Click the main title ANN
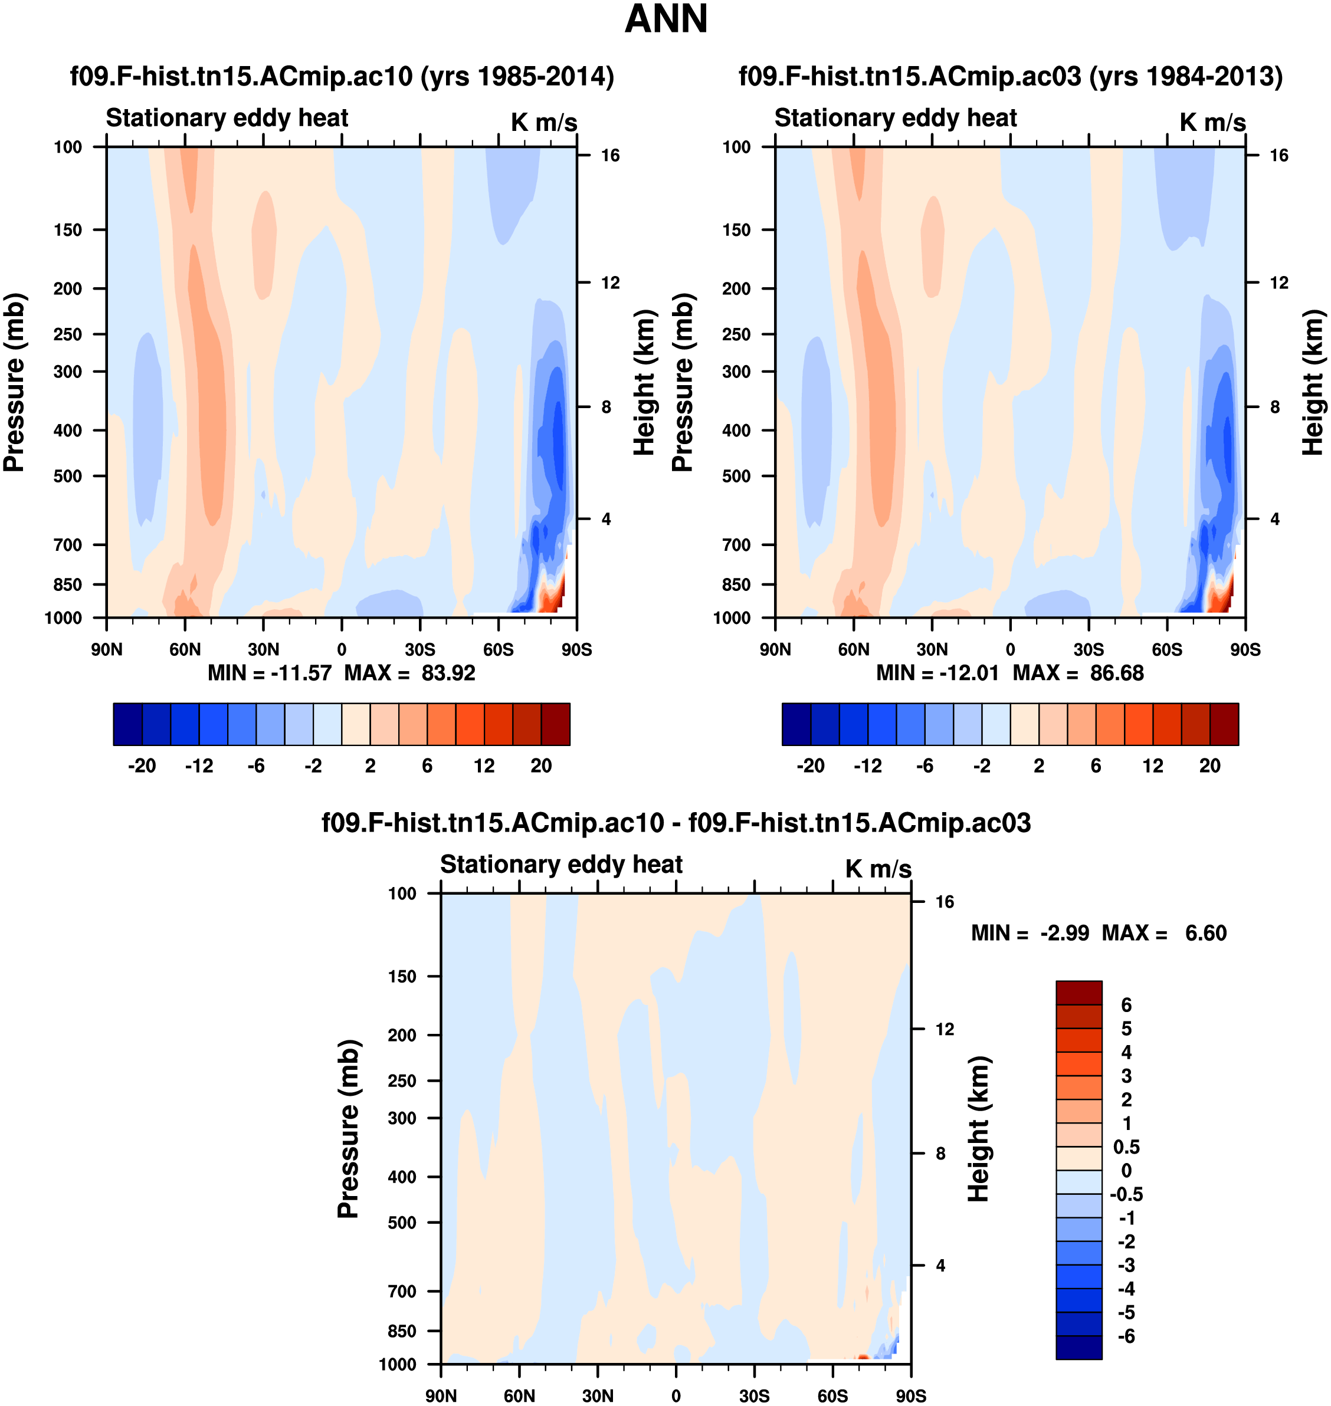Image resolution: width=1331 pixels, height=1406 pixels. coord(666,19)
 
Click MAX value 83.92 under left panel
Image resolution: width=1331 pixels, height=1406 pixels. coord(448,672)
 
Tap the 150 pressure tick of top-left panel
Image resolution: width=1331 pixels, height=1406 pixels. coord(67,230)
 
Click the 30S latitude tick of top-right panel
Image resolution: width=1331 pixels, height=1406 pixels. coord(1089,649)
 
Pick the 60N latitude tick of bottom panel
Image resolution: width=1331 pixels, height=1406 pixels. coord(519,1395)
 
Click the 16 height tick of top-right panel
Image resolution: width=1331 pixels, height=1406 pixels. coord(1278,155)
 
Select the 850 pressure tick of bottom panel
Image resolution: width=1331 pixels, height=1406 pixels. coord(402,1331)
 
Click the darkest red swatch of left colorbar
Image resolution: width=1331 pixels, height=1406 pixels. coord(556,724)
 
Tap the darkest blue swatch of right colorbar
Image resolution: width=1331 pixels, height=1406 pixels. coord(796,724)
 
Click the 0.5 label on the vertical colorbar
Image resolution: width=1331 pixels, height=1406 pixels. coord(1126,1147)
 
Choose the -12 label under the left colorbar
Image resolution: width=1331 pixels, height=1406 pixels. coord(199,766)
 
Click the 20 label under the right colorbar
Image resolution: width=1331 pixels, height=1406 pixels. coord(1209,766)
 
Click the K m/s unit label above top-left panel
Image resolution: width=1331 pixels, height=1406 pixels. coord(543,122)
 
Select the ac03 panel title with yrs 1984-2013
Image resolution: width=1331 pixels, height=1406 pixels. coord(1010,76)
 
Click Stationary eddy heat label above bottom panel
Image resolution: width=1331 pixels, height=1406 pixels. coord(561,864)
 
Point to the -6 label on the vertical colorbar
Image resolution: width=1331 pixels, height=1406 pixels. coord(1126,1336)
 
